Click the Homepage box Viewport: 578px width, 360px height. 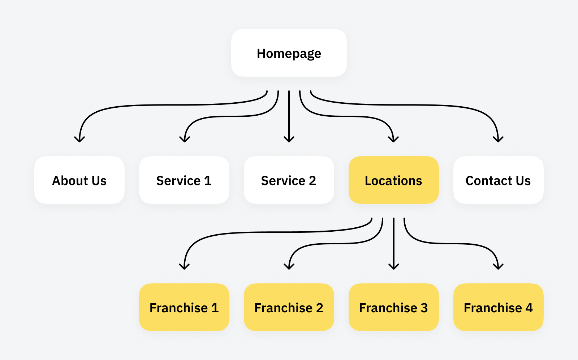coord(289,53)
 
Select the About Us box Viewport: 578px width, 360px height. coord(79,180)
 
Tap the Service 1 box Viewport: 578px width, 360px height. coord(184,180)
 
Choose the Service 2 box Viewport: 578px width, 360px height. coord(289,180)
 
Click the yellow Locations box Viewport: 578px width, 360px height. coord(393,180)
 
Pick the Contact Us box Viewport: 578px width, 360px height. coord(498,180)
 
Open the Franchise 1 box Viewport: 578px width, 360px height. coord(184,307)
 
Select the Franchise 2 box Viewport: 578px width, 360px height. coord(289,307)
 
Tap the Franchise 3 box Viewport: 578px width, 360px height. coord(393,307)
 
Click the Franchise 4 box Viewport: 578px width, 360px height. coord(498,307)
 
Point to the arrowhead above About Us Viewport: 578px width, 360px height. coord(79,140)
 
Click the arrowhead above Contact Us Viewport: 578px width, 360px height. coord(498,140)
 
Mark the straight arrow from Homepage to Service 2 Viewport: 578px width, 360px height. coord(289,116)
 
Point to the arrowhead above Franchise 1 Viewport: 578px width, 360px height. coord(184,267)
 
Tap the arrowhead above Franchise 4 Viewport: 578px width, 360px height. coord(498,267)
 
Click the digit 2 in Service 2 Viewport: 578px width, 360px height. coord(312,180)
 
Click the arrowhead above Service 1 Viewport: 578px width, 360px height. coord(185,140)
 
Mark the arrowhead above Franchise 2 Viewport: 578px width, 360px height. coord(289,267)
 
